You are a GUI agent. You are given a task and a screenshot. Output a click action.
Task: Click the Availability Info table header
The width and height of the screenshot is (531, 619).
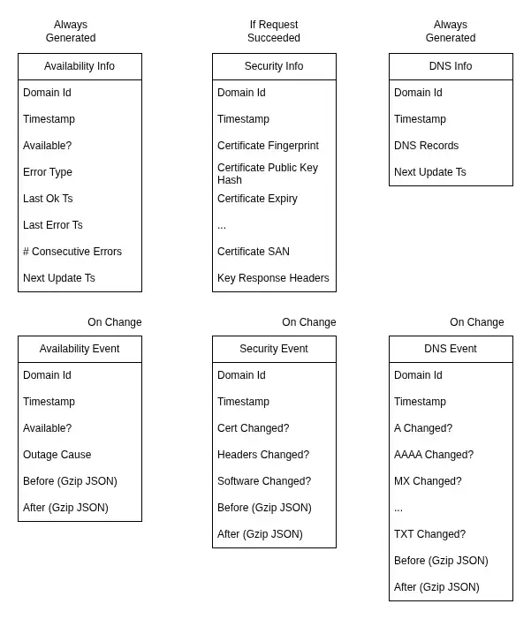[80, 66]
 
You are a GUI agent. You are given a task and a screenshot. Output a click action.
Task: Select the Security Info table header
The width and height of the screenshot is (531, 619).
[274, 66]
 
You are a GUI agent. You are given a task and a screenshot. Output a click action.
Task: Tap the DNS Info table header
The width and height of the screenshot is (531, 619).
[451, 66]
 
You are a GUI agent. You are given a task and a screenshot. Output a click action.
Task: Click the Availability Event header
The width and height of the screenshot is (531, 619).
[80, 349]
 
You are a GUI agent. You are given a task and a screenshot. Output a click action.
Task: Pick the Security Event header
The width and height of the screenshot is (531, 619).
[274, 349]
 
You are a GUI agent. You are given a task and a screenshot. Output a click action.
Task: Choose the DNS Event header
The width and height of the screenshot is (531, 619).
[451, 349]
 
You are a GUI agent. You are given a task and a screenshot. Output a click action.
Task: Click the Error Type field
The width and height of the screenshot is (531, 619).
[48, 172]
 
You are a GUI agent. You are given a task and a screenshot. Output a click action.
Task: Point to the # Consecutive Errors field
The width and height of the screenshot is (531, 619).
[72, 252]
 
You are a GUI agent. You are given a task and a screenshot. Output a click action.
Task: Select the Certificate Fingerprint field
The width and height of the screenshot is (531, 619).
[268, 146]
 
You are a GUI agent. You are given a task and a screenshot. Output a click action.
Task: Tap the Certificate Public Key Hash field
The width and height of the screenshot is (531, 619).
[268, 174]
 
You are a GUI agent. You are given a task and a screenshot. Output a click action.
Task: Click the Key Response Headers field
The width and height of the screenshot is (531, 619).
[273, 278]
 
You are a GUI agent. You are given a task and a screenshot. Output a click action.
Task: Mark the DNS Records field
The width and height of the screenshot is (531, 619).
[426, 146]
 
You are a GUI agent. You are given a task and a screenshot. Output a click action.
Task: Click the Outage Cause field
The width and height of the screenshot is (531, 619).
[57, 455]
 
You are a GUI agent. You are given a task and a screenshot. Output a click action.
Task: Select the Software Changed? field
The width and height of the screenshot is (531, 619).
[264, 481]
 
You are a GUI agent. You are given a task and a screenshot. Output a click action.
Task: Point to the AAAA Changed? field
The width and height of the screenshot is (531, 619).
[434, 455]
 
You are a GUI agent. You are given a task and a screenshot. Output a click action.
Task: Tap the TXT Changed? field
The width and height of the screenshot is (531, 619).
[430, 534]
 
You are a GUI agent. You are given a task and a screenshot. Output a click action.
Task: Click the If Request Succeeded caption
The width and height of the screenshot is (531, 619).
[274, 31]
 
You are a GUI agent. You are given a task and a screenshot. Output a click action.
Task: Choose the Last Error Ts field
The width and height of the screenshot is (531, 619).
[52, 225]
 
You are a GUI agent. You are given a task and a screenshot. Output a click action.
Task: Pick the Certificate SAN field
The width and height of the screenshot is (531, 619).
[254, 252]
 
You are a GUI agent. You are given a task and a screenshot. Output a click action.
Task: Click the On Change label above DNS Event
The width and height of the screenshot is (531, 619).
[477, 322]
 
